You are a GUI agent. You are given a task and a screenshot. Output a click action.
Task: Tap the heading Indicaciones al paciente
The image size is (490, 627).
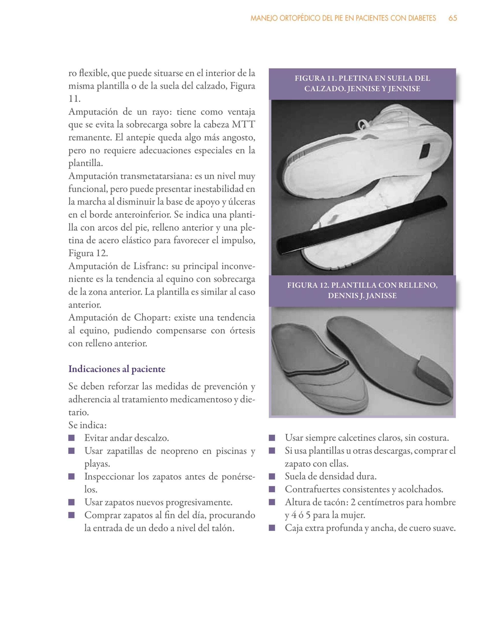117,369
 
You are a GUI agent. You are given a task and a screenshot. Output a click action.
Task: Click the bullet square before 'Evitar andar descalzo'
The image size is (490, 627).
72,438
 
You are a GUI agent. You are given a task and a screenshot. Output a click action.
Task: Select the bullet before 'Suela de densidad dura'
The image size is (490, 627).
272,477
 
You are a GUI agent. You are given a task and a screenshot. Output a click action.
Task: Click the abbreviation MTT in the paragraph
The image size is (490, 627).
243,125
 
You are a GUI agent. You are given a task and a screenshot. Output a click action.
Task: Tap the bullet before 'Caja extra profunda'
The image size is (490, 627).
272,528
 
